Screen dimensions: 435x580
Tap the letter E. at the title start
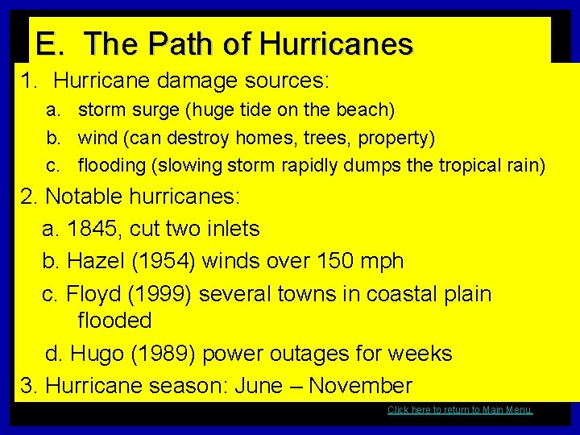pyautogui.click(x=50, y=44)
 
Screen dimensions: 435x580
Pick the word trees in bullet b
pyautogui.click(x=328, y=138)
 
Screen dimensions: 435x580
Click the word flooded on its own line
pyautogui.click(x=114, y=321)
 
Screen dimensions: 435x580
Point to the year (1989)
pyautogui.click(x=160, y=354)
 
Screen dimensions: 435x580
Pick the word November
pyautogui.click(x=360, y=386)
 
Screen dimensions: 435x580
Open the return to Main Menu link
pyautogui.click(x=460, y=410)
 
